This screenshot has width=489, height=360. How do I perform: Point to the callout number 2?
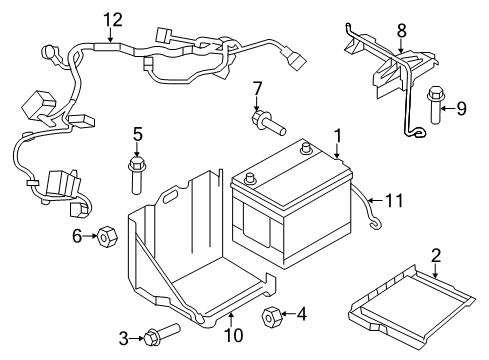pyautogui.click(x=436, y=255)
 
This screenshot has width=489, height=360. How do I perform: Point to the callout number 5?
pyautogui.click(x=138, y=133)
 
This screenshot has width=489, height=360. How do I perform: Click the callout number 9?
pyautogui.click(x=461, y=106)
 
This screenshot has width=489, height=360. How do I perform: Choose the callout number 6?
pyautogui.click(x=75, y=236)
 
